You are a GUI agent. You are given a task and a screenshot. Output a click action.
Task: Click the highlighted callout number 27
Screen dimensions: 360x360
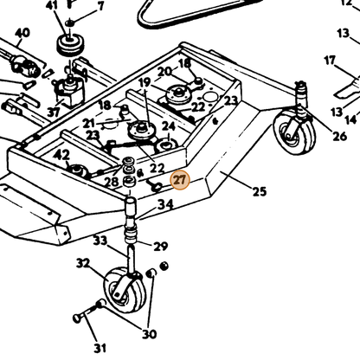[180, 181]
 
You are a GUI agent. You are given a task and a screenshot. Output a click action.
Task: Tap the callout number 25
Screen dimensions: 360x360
[260, 191]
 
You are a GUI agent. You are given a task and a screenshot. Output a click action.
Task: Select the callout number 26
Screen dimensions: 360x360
[339, 136]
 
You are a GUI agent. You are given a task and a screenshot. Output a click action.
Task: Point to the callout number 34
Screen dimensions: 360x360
[165, 204]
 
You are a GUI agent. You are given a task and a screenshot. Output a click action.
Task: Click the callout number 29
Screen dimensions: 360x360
[161, 247]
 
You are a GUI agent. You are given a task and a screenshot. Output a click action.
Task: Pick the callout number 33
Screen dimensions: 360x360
[100, 241]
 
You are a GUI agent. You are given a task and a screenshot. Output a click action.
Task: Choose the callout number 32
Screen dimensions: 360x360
[83, 263]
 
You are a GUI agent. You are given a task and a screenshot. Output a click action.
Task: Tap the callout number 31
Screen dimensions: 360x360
[100, 348]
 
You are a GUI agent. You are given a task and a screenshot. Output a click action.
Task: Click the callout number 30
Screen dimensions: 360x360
[150, 334]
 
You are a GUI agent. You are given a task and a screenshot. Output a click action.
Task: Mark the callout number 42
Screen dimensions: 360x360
[61, 156]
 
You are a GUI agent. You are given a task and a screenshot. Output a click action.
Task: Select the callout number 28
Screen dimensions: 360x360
[112, 182]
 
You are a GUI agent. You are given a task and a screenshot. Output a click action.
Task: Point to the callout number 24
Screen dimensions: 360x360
[168, 125]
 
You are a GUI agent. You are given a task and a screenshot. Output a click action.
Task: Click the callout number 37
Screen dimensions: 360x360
[54, 112]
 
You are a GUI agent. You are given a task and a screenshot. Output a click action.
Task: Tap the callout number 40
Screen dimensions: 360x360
[22, 33]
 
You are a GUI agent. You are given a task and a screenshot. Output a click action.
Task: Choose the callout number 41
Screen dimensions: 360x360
[52, 5]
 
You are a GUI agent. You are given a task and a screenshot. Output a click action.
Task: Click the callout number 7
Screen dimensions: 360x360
[100, 6]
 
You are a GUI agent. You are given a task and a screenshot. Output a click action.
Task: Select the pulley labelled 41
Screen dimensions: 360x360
[70, 44]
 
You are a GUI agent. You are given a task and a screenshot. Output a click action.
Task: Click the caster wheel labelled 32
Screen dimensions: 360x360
[125, 290]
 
